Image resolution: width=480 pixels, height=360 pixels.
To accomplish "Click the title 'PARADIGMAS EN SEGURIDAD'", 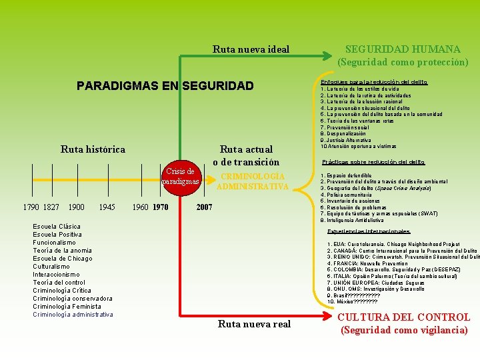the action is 165,86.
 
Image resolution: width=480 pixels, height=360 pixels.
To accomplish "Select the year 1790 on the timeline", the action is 31,207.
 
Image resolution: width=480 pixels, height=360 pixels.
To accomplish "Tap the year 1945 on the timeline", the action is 107,207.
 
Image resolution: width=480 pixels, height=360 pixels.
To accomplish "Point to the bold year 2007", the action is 204,207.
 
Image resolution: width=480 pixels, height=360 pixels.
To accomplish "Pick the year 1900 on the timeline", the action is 77,207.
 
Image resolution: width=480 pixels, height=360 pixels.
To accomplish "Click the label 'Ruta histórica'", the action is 93,149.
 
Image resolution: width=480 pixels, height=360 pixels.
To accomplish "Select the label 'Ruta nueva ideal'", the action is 251,49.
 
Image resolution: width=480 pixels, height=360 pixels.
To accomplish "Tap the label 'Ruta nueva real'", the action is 254,324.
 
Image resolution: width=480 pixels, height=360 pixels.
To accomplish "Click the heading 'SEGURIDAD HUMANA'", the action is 402,49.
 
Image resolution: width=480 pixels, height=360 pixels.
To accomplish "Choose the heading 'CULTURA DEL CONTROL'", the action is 405,317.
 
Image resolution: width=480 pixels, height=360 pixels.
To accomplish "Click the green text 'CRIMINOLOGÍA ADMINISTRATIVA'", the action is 253,181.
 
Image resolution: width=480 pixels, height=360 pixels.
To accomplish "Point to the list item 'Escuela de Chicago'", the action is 63,259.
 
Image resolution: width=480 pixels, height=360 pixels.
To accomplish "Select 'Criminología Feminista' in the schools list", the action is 67,307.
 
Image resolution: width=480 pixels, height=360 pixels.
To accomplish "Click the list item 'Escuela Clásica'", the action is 57,227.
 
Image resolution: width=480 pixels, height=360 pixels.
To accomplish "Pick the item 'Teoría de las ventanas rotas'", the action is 357,121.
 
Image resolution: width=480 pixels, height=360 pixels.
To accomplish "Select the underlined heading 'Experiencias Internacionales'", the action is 369,231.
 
